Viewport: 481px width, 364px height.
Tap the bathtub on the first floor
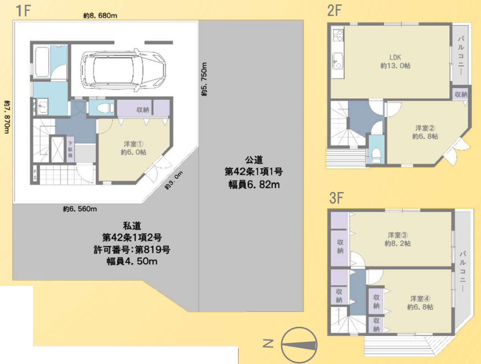point(42,63)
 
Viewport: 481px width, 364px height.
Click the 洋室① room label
point(134,144)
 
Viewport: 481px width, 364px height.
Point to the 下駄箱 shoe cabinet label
point(70,149)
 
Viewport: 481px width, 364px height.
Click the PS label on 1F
point(35,175)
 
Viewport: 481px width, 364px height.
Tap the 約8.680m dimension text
point(100,15)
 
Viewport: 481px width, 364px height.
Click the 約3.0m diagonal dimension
point(174,180)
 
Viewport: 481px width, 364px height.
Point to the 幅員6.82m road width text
point(254,184)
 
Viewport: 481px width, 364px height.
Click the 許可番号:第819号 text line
point(132,249)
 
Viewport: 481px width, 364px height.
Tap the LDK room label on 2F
point(395,57)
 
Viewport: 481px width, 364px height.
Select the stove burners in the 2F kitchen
point(338,35)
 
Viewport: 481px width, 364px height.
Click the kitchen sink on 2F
point(337,61)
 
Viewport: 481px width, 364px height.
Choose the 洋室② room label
point(425,128)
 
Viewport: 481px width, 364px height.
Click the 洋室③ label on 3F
point(398,235)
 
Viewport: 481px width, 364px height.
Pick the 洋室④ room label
point(420,299)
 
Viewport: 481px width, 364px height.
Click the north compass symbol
point(299,345)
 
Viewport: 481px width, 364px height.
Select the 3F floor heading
point(336,198)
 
